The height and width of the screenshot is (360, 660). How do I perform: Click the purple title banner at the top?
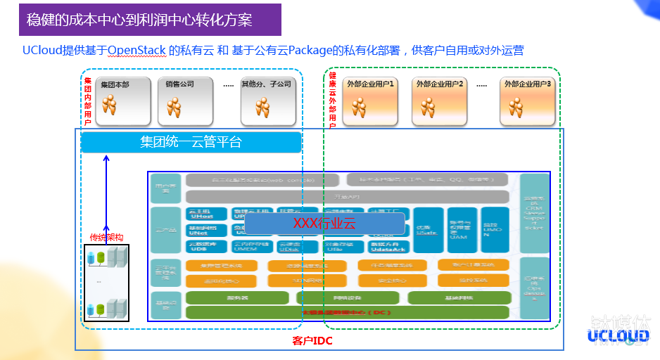[150, 20]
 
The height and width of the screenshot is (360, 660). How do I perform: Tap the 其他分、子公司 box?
[265, 101]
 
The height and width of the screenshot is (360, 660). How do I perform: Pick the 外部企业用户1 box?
[370, 101]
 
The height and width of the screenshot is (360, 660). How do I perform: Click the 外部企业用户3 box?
[528, 101]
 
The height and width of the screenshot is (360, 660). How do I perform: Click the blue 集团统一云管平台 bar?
[191, 142]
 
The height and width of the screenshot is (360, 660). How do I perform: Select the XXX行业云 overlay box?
[324, 224]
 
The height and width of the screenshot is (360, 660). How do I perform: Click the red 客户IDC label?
[312, 341]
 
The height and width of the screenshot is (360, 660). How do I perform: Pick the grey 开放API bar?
[347, 197]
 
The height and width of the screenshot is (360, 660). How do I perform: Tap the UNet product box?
[206, 230]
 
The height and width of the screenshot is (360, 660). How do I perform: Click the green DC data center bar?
[347, 312]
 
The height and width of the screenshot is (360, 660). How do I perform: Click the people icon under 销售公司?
[174, 107]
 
